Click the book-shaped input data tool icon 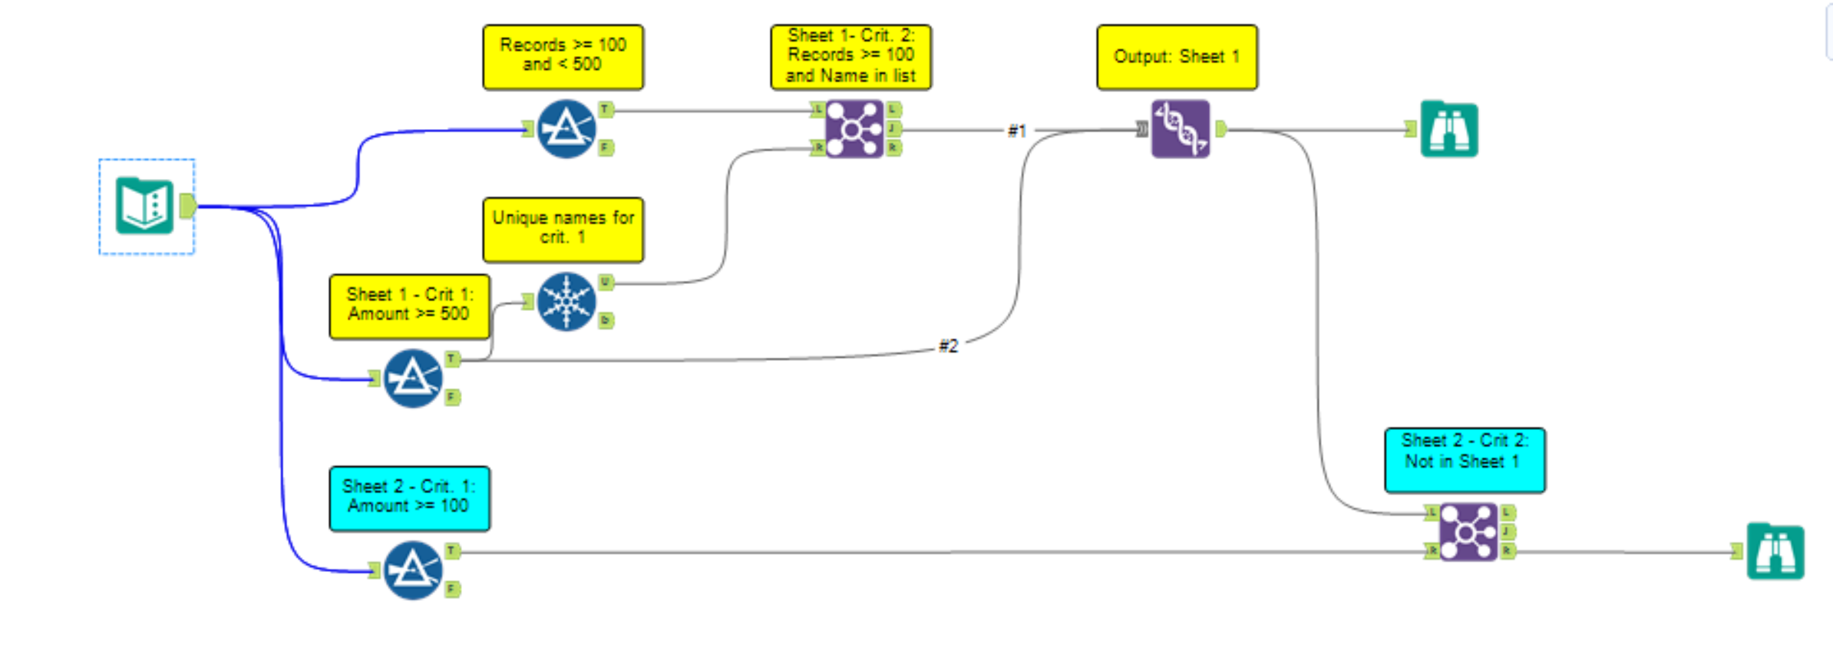[x=144, y=206]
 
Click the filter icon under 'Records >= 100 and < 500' [x=566, y=129]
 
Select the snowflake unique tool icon [x=566, y=302]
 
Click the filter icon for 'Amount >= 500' [x=412, y=379]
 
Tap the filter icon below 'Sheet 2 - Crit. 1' [x=412, y=571]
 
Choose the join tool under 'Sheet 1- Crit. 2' [x=854, y=129]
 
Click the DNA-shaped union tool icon [x=1180, y=129]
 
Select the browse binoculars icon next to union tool [x=1448, y=129]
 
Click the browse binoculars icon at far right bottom [x=1775, y=551]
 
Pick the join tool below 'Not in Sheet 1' [x=1468, y=532]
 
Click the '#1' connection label [x=1016, y=131]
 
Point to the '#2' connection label [x=949, y=346]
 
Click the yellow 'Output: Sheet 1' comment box [x=1177, y=58]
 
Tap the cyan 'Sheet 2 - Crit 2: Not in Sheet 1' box [x=1465, y=460]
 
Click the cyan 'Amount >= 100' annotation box [x=409, y=498]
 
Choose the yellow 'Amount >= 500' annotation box [x=409, y=306]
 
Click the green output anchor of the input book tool [x=187, y=206]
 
